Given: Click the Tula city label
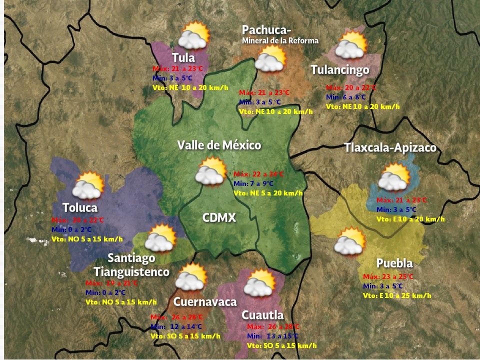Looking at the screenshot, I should pyautogui.click(x=183, y=57).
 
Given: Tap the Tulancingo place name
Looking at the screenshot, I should pyautogui.click(x=339, y=69).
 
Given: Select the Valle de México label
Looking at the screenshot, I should pyautogui.click(x=219, y=145).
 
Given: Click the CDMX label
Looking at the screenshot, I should pyautogui.click(x=219, y=218).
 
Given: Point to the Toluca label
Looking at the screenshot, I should pyautogui.click(x=80, y=207).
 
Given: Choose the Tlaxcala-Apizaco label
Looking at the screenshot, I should pyautogui.click(x=390, y=148).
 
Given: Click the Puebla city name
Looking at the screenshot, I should pyautogui.click(x=394, y=263).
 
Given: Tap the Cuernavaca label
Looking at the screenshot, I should pyautogui.click(x=204, y=302).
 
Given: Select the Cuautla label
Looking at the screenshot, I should pyautogui.click(x=262, y=315).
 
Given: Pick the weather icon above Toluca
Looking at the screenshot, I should pyautogui.click(x=88, y=185).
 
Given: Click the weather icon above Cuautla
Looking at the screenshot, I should pyautogui.click(x=260, y=283).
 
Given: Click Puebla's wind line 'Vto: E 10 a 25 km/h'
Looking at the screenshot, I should pyautogui.click(x=397, y=295).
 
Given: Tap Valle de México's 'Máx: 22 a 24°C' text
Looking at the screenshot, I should pyautogui.click(x=258, y=174).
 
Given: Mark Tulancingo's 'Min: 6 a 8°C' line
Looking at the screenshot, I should pyautogui.click(x=346, y=97).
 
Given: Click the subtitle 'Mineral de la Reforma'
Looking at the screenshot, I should pyautogui.click(x=280, y=40).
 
